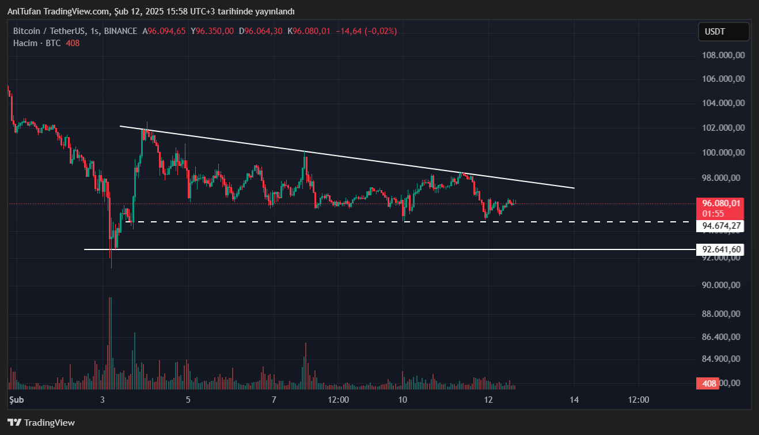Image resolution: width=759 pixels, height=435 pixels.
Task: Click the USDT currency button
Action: pos(723,32)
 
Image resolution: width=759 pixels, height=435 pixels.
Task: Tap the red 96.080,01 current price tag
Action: pos(719,203)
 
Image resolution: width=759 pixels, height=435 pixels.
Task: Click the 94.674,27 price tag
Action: pos(719,226)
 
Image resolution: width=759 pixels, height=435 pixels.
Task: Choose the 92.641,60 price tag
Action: pos(719,249)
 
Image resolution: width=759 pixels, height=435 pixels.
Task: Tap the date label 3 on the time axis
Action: pos(103,400)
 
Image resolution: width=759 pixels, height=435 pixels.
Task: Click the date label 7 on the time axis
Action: pos(274,400)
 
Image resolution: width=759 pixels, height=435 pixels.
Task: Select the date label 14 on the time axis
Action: pos(574,400)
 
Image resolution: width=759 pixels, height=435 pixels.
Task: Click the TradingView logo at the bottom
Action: pos(41,423)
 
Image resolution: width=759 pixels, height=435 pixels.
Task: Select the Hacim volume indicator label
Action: pos(25,43)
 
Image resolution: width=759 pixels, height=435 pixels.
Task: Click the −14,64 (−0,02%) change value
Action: pos(367,31)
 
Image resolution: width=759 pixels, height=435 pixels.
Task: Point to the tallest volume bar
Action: pos(110,340)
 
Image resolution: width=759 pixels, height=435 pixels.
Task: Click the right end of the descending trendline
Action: pos(574,188)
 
